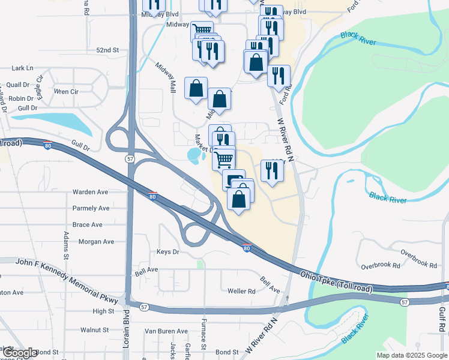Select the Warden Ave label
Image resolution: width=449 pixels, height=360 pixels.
[x=90, y=192]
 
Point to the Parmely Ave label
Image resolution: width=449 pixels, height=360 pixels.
[x=91, y=208]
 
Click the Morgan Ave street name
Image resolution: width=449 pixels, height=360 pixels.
[x=96, y=242]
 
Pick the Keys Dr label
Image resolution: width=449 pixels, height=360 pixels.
[x=167, y=252]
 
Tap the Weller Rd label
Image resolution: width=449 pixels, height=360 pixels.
[x=241, y=291]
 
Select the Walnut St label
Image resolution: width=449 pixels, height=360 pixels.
[x=94, y=329]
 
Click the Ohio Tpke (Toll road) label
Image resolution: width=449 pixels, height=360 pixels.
[x=336, y=282]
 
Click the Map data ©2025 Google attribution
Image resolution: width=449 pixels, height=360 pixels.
[x=412, y=355]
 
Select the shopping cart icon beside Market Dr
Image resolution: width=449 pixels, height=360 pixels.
[x=223, y=159]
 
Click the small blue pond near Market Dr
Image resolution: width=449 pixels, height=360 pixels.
[x=194, y=157]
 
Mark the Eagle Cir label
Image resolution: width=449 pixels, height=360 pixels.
[x=40, y=86]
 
